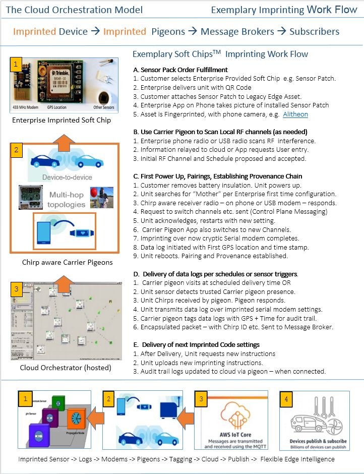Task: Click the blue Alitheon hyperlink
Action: (x=295, y=114)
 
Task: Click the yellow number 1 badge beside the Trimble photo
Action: (x=16, y=64)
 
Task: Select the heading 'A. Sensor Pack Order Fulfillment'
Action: (x=180, y=70)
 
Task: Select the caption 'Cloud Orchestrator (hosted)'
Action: (x=66, y=368)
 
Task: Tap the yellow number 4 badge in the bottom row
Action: (x=286, y=398)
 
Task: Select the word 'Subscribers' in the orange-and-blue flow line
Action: (x=314, y=31)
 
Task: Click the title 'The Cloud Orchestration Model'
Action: (x=74, y=10)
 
